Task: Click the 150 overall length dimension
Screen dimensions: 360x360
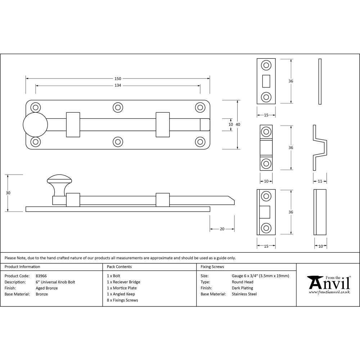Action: pyautogui.click(x=118, y=78)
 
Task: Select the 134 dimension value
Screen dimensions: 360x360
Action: pyautogui.click(x=118, y=86)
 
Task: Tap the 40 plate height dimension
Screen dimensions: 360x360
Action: pyautogui.click(x=238, y=124)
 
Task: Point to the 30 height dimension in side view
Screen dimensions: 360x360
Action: pyautogui.click(x=8, y=193)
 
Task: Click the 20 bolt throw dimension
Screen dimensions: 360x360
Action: pyautogui.click(x=222, y=229)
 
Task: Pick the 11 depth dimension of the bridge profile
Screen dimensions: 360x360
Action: pyautogui.click(x=320, y=181)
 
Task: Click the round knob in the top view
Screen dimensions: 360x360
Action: pyautogui.click(x=35, y=124)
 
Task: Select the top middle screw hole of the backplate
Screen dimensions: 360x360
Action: pyautogui.click(x=118, y=107)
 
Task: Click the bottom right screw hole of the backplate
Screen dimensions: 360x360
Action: pyautogui.click(x=200, y=141)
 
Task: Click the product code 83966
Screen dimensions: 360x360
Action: pyautogui.click(x=41, y=276)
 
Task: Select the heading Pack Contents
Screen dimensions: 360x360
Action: pyautogui.click(x=119, y=267)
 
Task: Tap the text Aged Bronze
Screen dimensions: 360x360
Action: pyautogui.click(x=47, y=288)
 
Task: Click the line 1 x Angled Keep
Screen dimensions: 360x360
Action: pyautogui.click(x=121, y=294)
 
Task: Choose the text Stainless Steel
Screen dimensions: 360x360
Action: pyautogui.click(x=244, y=294)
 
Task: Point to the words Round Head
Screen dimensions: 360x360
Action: pyautogui.click(x=242, y=282)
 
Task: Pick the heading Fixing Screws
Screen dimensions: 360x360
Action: pyautogui.click(x=212, y=267)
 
